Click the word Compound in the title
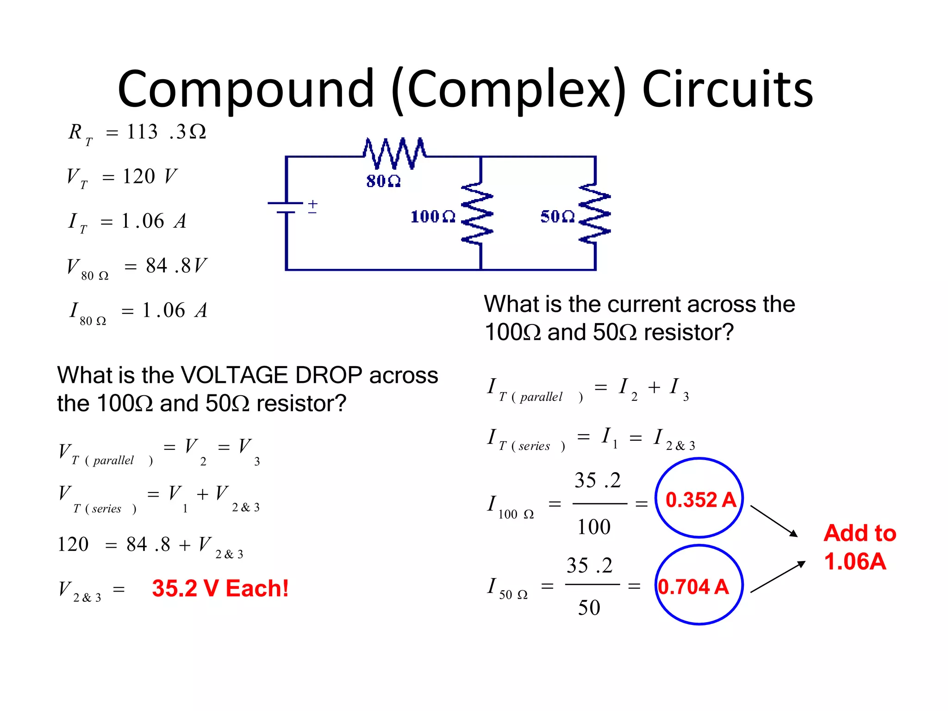pos(245,89)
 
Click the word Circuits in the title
pos(728,89)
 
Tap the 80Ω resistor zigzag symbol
pos(394,153)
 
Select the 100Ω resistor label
pos(433,217)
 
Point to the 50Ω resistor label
pos(557,217)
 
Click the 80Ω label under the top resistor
pos(383,181)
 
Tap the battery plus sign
pos(313,204)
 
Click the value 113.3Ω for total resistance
pos(166,132)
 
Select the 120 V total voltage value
pos(149,176)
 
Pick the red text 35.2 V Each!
pos(220,588)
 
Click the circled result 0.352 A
pos(700,499)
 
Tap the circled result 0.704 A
pos(693,586)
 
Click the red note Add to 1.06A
pos(859,547)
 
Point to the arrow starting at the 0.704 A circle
pos(778,577)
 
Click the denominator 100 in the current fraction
pos(594,527)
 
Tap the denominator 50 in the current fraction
pos(589,607)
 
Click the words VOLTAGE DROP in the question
pos(271,375)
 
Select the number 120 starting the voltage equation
pos(73,544)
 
